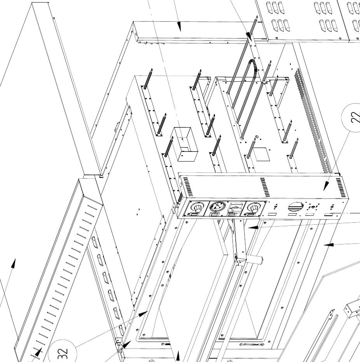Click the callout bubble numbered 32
[63, 352]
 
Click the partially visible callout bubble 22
[351, 118]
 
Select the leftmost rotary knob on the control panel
[197, 207]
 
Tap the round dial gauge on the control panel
[218, 206]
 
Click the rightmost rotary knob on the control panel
[253, 207]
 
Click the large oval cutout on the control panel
[295, 207]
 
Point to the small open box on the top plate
[184, 144]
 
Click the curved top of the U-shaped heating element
[251, 64]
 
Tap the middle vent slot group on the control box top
[265, 187]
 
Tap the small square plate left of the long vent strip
[261, 154]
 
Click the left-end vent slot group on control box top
[187, 186]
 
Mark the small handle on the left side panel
[117, 127]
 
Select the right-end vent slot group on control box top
[340, 188]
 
